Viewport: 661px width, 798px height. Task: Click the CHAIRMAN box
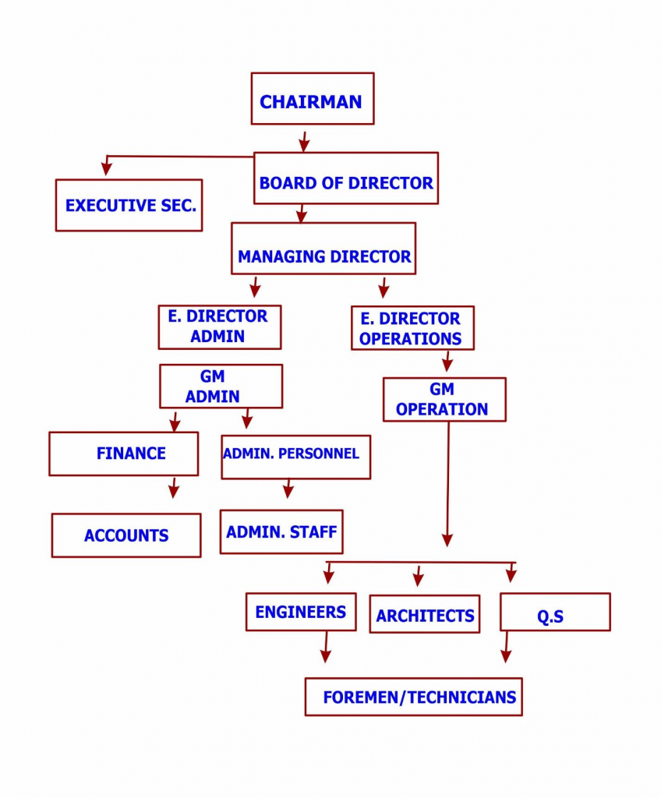tap(312, 99)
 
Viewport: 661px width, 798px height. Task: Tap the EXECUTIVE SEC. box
tap(129, 205)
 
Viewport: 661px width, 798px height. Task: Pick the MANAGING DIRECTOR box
tap(323, 249)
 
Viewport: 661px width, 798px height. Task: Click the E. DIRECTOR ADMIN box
tap(219, 327)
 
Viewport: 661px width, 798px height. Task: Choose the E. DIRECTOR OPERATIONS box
tap(412, 328)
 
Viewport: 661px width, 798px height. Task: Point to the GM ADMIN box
tap(221, 387)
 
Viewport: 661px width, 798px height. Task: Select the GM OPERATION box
tap(444, 400)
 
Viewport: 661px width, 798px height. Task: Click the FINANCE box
tap(123, 454)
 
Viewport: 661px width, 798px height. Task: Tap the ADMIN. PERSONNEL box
tap(295, 457)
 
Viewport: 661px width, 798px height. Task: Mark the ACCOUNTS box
tap(126, 535)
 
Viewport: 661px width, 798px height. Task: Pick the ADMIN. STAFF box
tap(281, 531)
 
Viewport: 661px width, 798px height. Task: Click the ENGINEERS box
tap(301, 612)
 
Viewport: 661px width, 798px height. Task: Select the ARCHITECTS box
tap(425, 614)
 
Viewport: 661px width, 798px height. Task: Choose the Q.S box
tap(554, 613)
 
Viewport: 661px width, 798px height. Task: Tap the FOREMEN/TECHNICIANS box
tap(413, 696)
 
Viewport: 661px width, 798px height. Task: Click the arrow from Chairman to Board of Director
tap(304, 142)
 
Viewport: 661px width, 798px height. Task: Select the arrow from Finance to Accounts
tap(173, 489)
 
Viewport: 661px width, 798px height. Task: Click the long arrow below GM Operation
tap(447, 483)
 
